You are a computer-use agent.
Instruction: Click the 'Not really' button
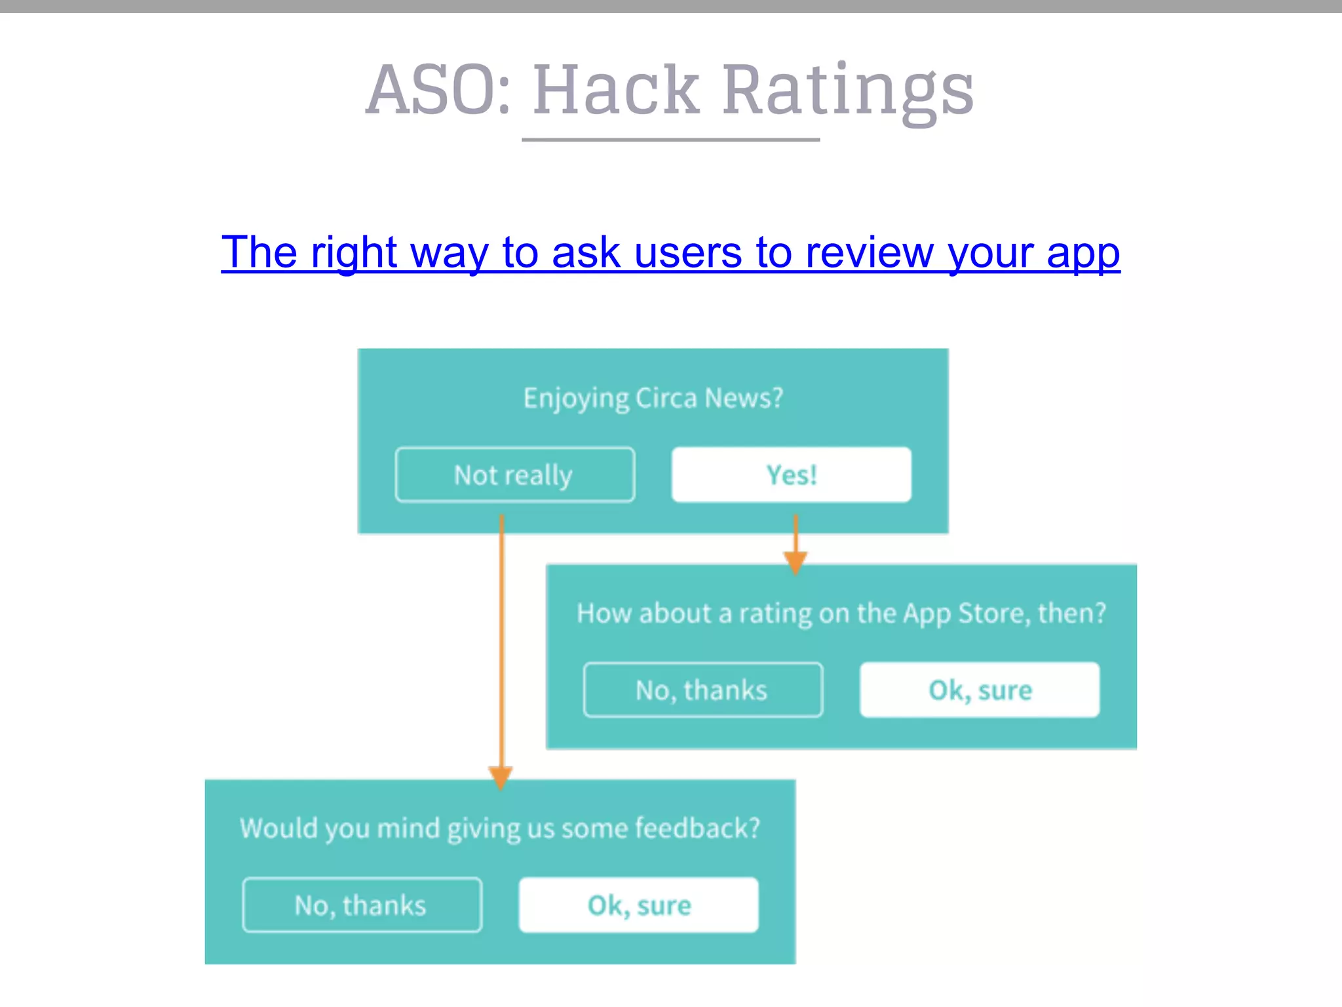click(x=514, y=475)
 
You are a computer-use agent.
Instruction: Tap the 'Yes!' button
click(x=791, y=475)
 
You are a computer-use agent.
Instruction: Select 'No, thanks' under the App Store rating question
click(x=702, y=690)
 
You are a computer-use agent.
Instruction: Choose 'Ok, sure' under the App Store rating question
click(x=980, y=690)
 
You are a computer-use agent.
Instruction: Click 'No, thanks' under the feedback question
click(x=362, y=905)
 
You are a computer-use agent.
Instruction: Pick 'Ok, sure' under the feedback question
click(x=639, y=905)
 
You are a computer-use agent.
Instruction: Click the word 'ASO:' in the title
click(x=438, y=90)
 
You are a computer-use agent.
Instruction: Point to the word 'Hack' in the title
click(x=616, y=90)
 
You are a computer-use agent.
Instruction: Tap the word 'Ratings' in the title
click(x=848, y=90)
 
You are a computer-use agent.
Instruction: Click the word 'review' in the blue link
click(x=869, y=252)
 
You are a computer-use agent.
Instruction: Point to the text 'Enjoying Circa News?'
click(x=653, y=398)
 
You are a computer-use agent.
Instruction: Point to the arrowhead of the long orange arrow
click(x=501, y=778)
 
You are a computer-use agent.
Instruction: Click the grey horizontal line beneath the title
click(x=670, y=140)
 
